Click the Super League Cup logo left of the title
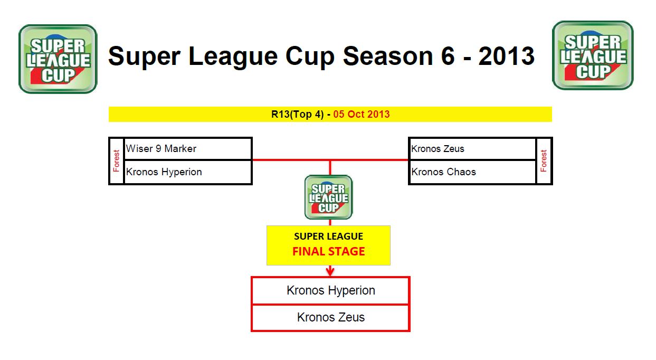[x=58, y=59]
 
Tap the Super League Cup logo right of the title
[x=593, y=55]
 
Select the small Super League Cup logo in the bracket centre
[x=329, y=197]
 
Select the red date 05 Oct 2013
[x=362, y=114]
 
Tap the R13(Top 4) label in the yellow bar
[x=297, y=114]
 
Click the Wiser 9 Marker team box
[x=188, y=148]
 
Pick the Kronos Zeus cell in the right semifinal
[x=472, y=148]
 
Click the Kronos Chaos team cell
[x=472, y=172]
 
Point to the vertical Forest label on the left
[x=116, y=161]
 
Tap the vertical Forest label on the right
[x=544, y=161]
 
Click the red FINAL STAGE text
[x=329, y=251]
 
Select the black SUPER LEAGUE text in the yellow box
[x=329, y=236]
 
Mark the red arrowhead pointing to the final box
[x=330, y=272]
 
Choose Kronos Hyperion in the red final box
[x=330, y=290]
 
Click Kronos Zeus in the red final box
[x=330, y=317]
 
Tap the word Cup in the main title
[x=310, y=56]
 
